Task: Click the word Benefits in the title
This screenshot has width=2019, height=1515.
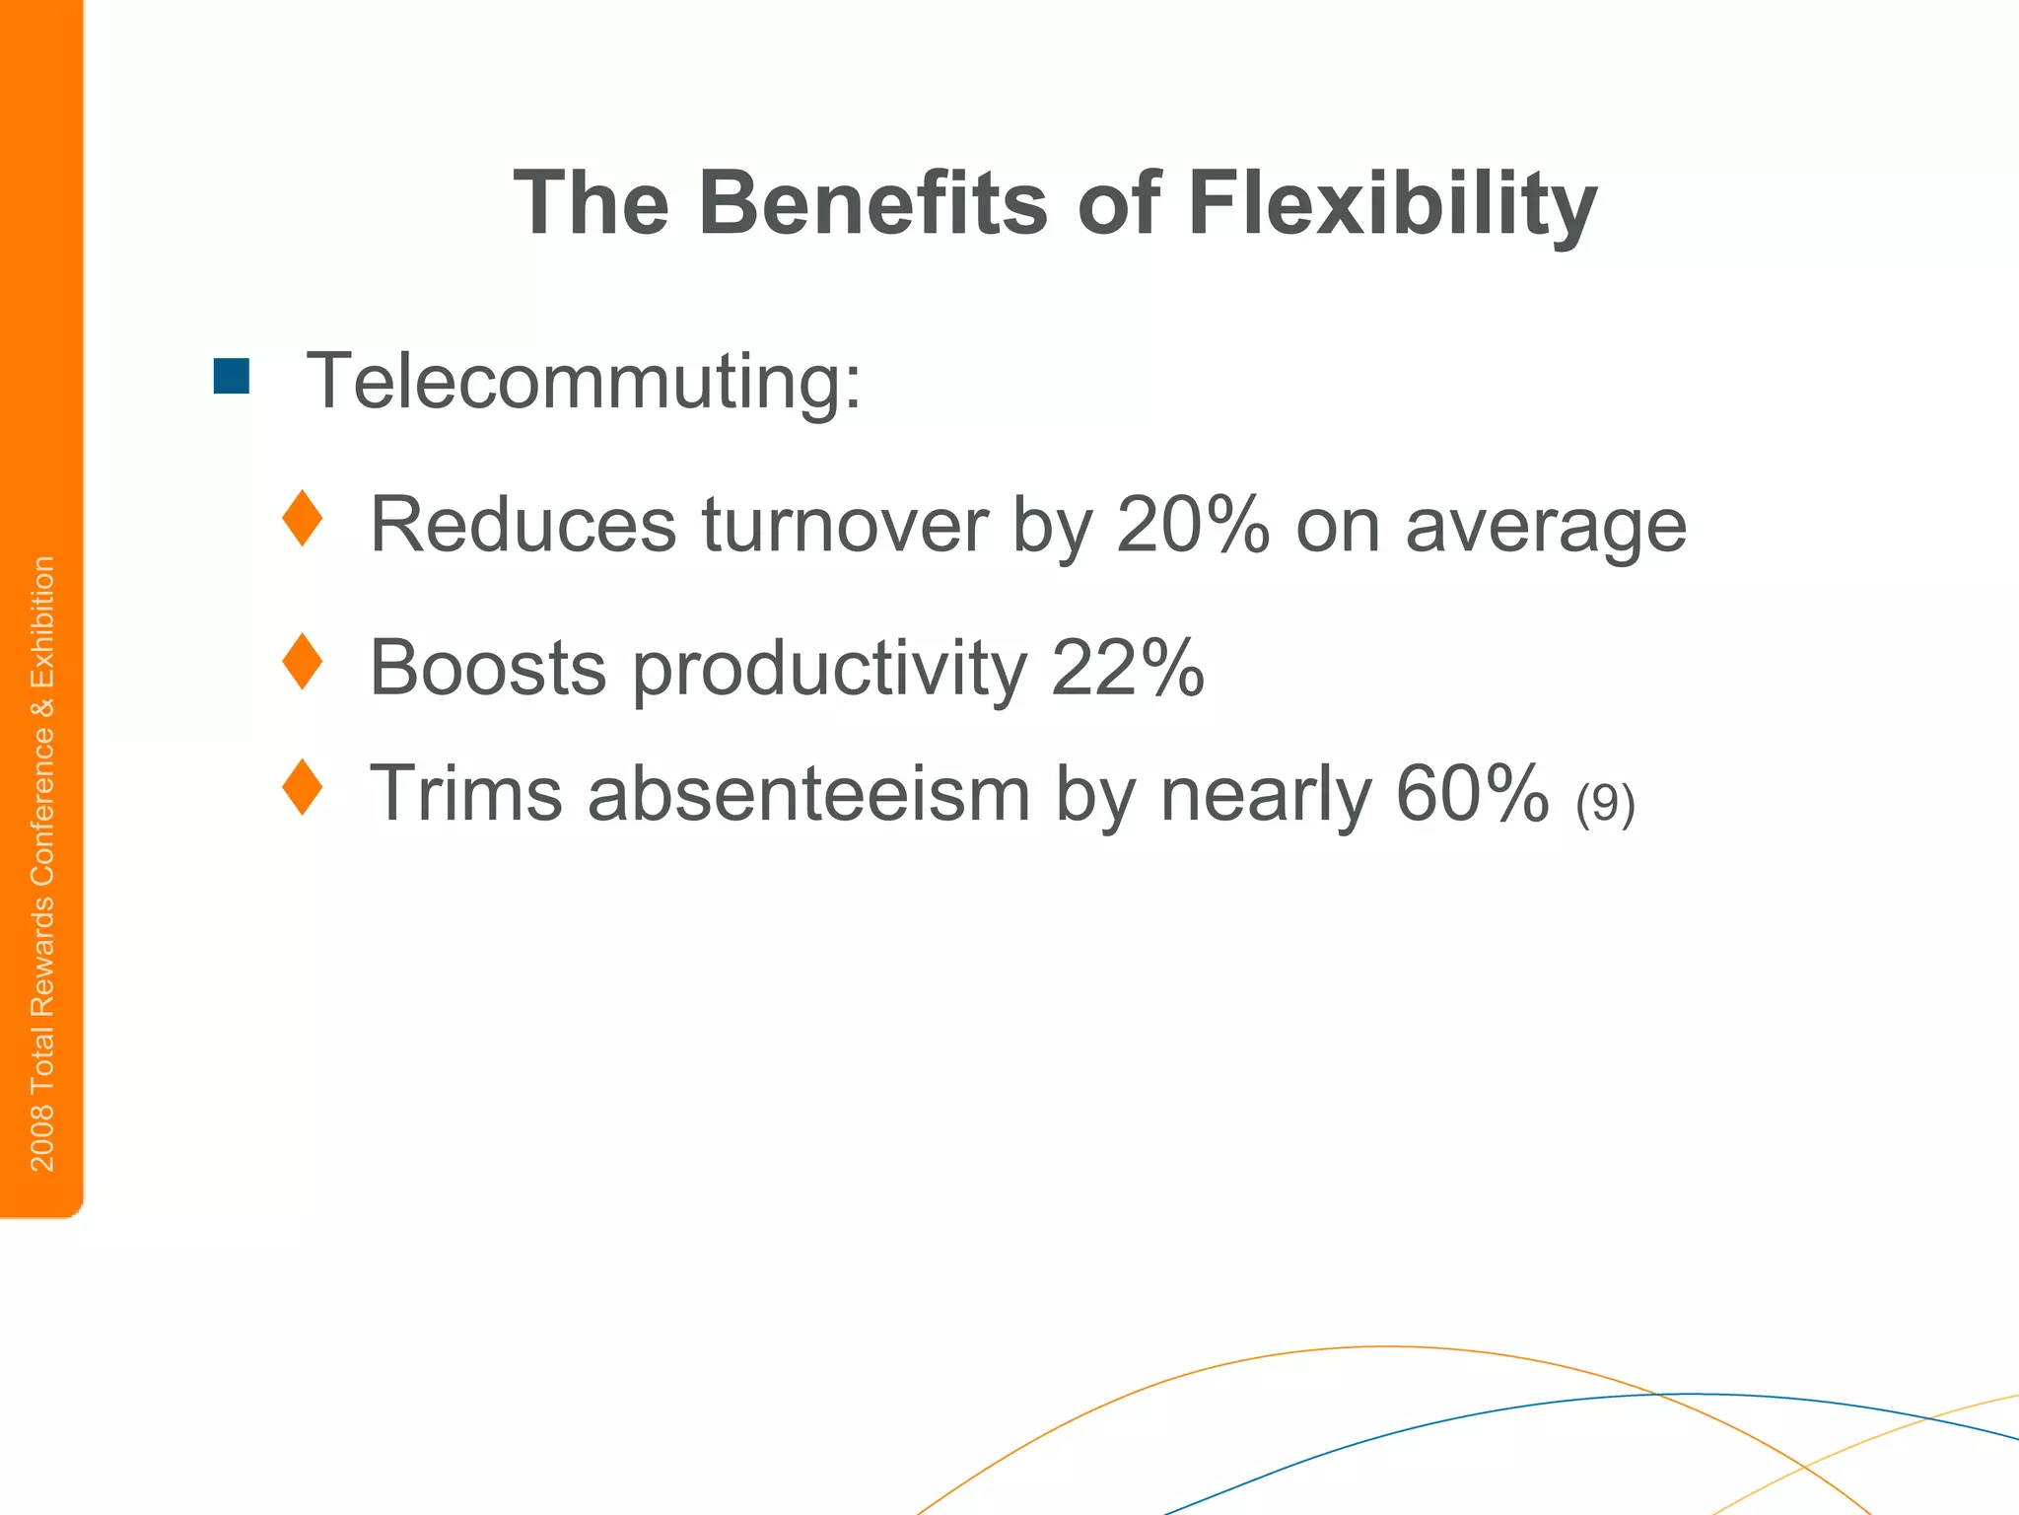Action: tap(872, 203)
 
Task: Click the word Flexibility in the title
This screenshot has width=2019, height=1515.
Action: tap(1392, 205)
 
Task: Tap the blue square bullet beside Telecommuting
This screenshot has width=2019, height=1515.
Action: tap(232, 376)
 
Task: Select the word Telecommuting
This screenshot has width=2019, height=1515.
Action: tap(584, 381)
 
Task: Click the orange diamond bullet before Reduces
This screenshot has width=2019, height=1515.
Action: tap(302, 519)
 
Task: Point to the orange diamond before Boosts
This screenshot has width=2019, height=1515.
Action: tap(302, 662)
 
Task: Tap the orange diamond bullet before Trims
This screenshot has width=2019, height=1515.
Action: tap(302, 787)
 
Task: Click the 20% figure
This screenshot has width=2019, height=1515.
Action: tap(1193, 525)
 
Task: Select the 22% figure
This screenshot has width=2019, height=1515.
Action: tap(1128, 668)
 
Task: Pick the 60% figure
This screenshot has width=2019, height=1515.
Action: tap(1472, 793)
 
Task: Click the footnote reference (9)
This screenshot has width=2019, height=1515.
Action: tap(1605, 803)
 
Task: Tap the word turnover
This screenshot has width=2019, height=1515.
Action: tap(845, 525)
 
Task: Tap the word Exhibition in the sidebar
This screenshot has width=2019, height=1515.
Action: tap(42, 623)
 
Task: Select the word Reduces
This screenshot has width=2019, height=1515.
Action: tap(522, 525)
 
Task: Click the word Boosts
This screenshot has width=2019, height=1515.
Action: tap(487, 668)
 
